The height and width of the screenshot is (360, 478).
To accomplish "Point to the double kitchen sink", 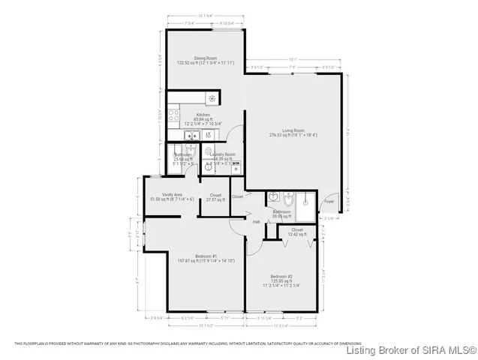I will click(191, 136).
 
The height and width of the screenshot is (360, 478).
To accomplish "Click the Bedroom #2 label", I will click(281, 275).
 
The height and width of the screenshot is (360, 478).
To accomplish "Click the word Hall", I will click(256, 222).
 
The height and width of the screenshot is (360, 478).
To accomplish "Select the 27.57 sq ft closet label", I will click(215, 197).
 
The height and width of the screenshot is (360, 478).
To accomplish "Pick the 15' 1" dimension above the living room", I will click(293, 60).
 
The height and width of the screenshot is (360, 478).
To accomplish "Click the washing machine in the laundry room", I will click(237, 169).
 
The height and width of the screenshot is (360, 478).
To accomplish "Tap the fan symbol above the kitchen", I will click(212, 98).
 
